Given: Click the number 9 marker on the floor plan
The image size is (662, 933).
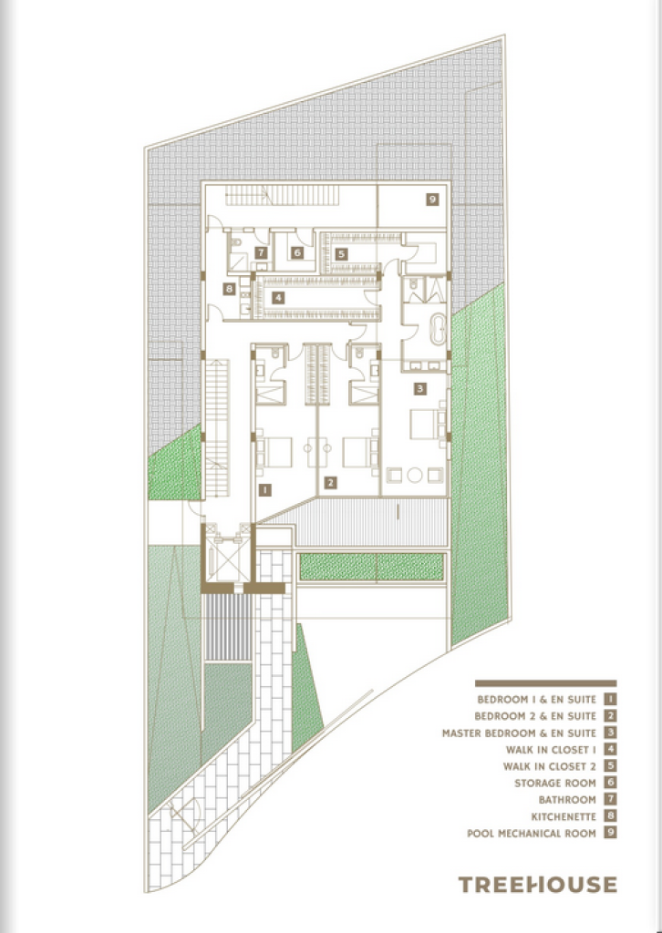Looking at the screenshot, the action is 432,200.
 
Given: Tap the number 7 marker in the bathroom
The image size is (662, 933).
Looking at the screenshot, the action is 261,252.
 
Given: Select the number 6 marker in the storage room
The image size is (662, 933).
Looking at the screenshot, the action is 297,252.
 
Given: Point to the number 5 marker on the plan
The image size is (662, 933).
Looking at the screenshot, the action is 340,254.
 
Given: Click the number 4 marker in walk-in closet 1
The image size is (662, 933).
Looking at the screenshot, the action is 277,298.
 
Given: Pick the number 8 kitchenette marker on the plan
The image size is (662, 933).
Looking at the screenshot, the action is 229,289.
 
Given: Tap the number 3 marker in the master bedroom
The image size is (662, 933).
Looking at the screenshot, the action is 419,388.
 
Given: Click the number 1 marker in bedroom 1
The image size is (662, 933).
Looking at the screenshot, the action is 265,489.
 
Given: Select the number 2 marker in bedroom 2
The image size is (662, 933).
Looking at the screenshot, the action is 330,483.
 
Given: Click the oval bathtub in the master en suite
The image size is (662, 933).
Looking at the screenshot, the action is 438,330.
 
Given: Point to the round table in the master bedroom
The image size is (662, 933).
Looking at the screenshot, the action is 415,475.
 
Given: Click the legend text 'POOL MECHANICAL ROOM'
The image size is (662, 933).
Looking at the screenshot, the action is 531,834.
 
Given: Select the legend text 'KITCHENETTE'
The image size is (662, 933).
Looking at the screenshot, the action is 564,817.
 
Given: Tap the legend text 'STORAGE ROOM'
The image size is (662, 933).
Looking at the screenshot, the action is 554,783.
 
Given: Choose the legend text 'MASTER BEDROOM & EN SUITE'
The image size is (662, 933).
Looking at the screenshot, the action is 519,733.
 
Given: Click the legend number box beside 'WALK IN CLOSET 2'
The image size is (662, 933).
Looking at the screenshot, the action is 610,765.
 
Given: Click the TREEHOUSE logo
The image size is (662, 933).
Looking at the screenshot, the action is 538,884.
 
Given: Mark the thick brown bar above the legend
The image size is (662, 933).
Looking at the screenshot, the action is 545,683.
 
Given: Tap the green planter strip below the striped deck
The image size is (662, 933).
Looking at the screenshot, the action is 371,567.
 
